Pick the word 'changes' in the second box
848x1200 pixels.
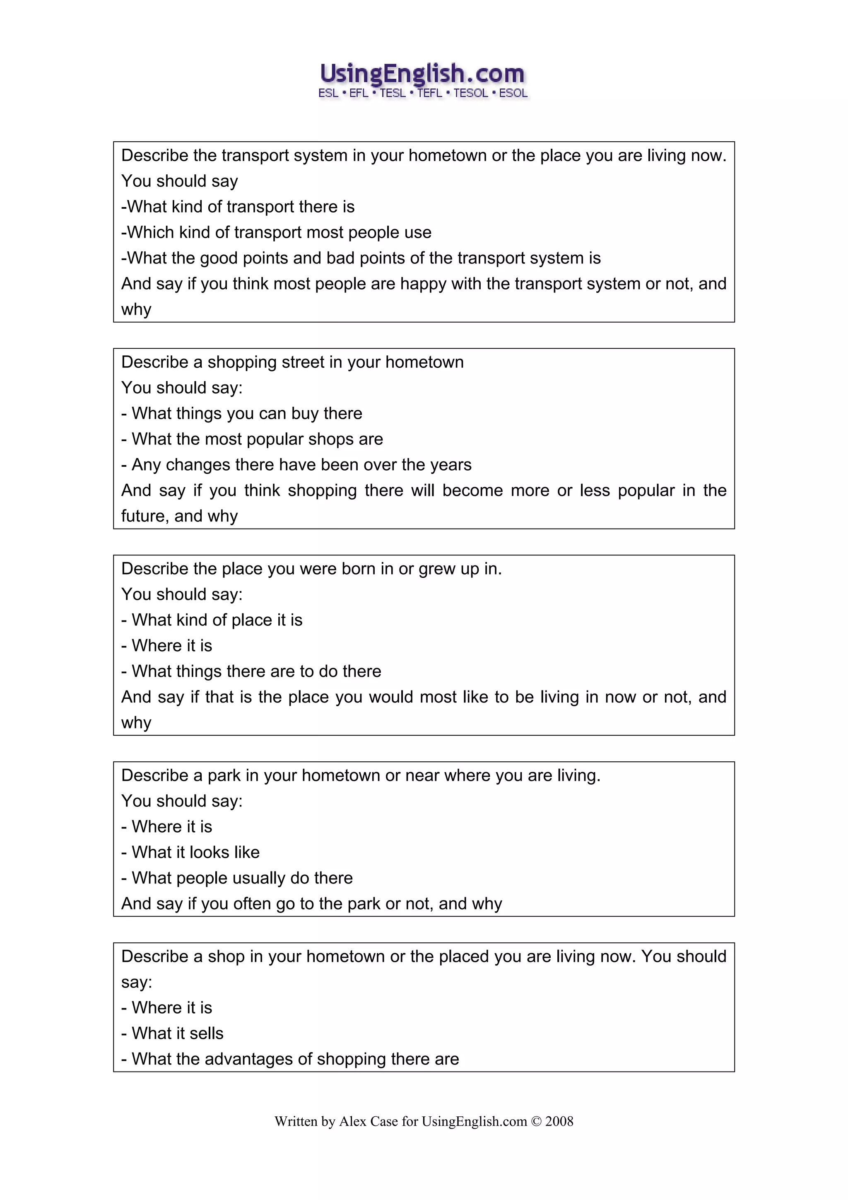click(x=198, y=465)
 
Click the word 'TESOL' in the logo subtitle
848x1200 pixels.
click(x=471, y=94)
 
